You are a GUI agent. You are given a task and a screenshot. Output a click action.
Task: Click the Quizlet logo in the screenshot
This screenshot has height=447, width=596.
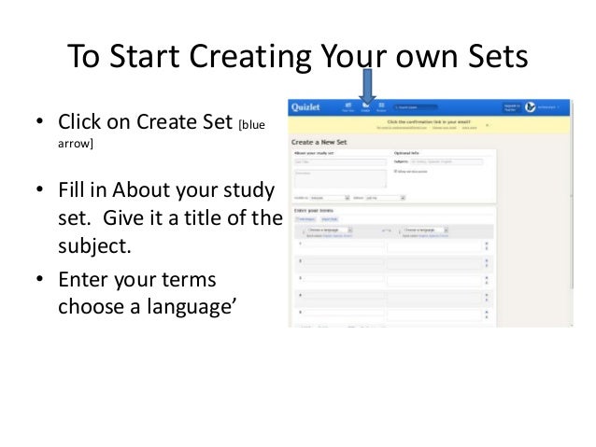[x=309, y=106]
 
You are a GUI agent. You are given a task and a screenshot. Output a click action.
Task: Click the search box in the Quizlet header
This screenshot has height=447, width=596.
[x=425, y=106]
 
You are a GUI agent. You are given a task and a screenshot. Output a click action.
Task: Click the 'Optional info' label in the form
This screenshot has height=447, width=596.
[x=409, y=150]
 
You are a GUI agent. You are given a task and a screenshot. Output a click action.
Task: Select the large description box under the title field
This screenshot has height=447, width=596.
[x=339, y=178]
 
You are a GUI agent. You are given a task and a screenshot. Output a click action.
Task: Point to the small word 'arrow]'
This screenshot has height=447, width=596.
[x=77, y=144]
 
